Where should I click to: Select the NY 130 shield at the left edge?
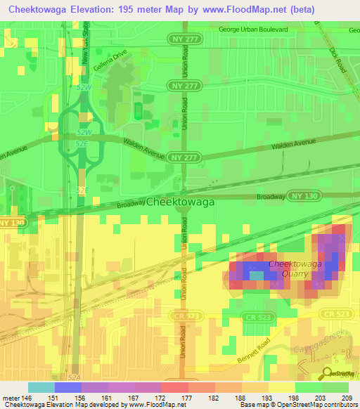(12, 222)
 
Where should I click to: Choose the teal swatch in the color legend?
(41, 387)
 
